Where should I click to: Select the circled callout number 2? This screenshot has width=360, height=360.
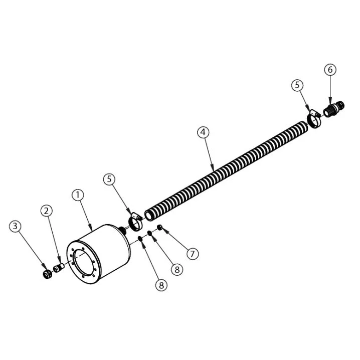tap(47, 211)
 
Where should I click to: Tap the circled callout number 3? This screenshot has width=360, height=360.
tap(16, 226)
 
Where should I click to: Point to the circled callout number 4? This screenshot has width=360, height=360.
tap(203, 132)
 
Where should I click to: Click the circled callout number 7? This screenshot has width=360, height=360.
tap(192, 254)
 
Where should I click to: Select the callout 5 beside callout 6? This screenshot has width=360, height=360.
tap(298, 85)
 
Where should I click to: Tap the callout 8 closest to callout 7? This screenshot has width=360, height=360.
tap(175, 269)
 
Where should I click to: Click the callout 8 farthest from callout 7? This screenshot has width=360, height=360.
tap(160, 285)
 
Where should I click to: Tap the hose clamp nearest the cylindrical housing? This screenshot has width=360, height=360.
tap(134, 219)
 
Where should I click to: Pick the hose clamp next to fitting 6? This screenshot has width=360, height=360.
tap(314, 119)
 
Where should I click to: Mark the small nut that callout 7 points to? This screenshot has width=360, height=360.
tap(159, 229)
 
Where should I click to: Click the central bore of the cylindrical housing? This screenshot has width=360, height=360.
tap(83, 264)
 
